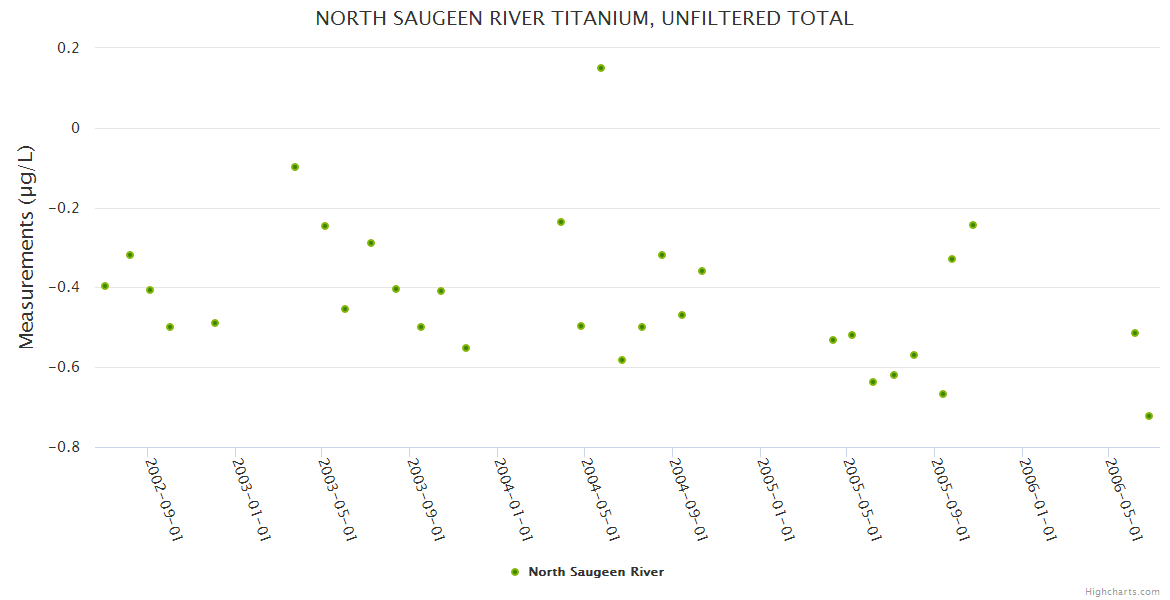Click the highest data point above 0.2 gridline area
pos(601,68)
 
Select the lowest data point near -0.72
pos(1149,416)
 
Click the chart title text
pos(584,18)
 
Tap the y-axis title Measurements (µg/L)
pos(27,247)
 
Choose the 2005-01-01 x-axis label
pos(777,499)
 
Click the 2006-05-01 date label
pos(1124,499)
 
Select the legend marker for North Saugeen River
pos(515,572)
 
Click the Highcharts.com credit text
pos(1122,591)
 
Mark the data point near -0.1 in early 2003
pos(295,167)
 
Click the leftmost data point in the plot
pos(105,286)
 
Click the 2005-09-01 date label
pos(951,499)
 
